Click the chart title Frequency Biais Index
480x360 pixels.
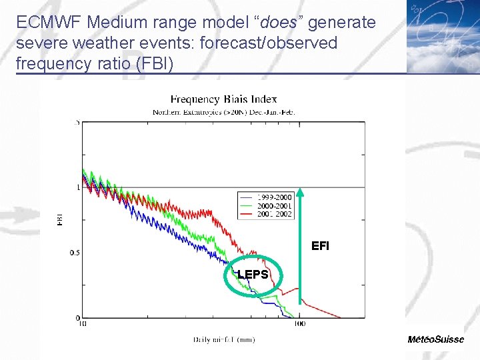point(223,99)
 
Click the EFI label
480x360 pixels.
point(320,246)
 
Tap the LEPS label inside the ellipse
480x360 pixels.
point(253,275)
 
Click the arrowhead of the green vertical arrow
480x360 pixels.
point(300,193)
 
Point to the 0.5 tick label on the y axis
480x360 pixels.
point(75,253)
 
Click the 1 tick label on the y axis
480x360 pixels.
point(78,187)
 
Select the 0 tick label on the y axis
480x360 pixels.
point(78,317)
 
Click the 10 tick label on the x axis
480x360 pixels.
point(82,325)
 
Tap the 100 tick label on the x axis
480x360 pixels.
point(299,325)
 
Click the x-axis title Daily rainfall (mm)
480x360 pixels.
point(223,339)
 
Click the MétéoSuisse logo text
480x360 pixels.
point(436,339)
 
